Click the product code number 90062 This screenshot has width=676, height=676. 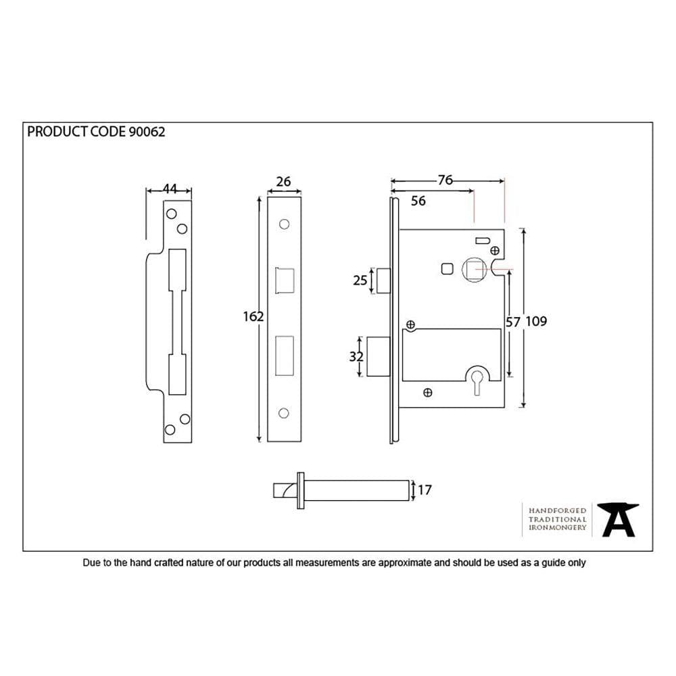(x=146, y=132)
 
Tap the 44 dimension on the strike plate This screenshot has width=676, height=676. (x=169, y=190)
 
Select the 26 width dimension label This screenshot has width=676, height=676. (x=284, y=181)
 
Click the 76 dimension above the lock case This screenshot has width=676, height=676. (x=445, y=180)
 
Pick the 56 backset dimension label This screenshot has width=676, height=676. (x=418, y=201)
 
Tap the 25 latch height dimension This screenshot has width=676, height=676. (x=360, y=280)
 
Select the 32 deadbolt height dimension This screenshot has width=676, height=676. (x=356, y=357)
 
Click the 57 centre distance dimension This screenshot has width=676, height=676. (x=513, y=322)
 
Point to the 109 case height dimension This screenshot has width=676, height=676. (x=536, y=321)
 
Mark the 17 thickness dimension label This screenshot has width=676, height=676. (x=425, y=490)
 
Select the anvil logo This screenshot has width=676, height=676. (x=619, y=519)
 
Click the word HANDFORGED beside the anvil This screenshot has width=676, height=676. (x=557, y=510)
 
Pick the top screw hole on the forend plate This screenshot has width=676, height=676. (x=284, y=223)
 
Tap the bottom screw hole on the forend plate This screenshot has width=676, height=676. (x=284, y=412)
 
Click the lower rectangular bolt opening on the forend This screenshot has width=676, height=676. (x=284, y=354)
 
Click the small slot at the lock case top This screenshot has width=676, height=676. (x=483, y=240)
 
